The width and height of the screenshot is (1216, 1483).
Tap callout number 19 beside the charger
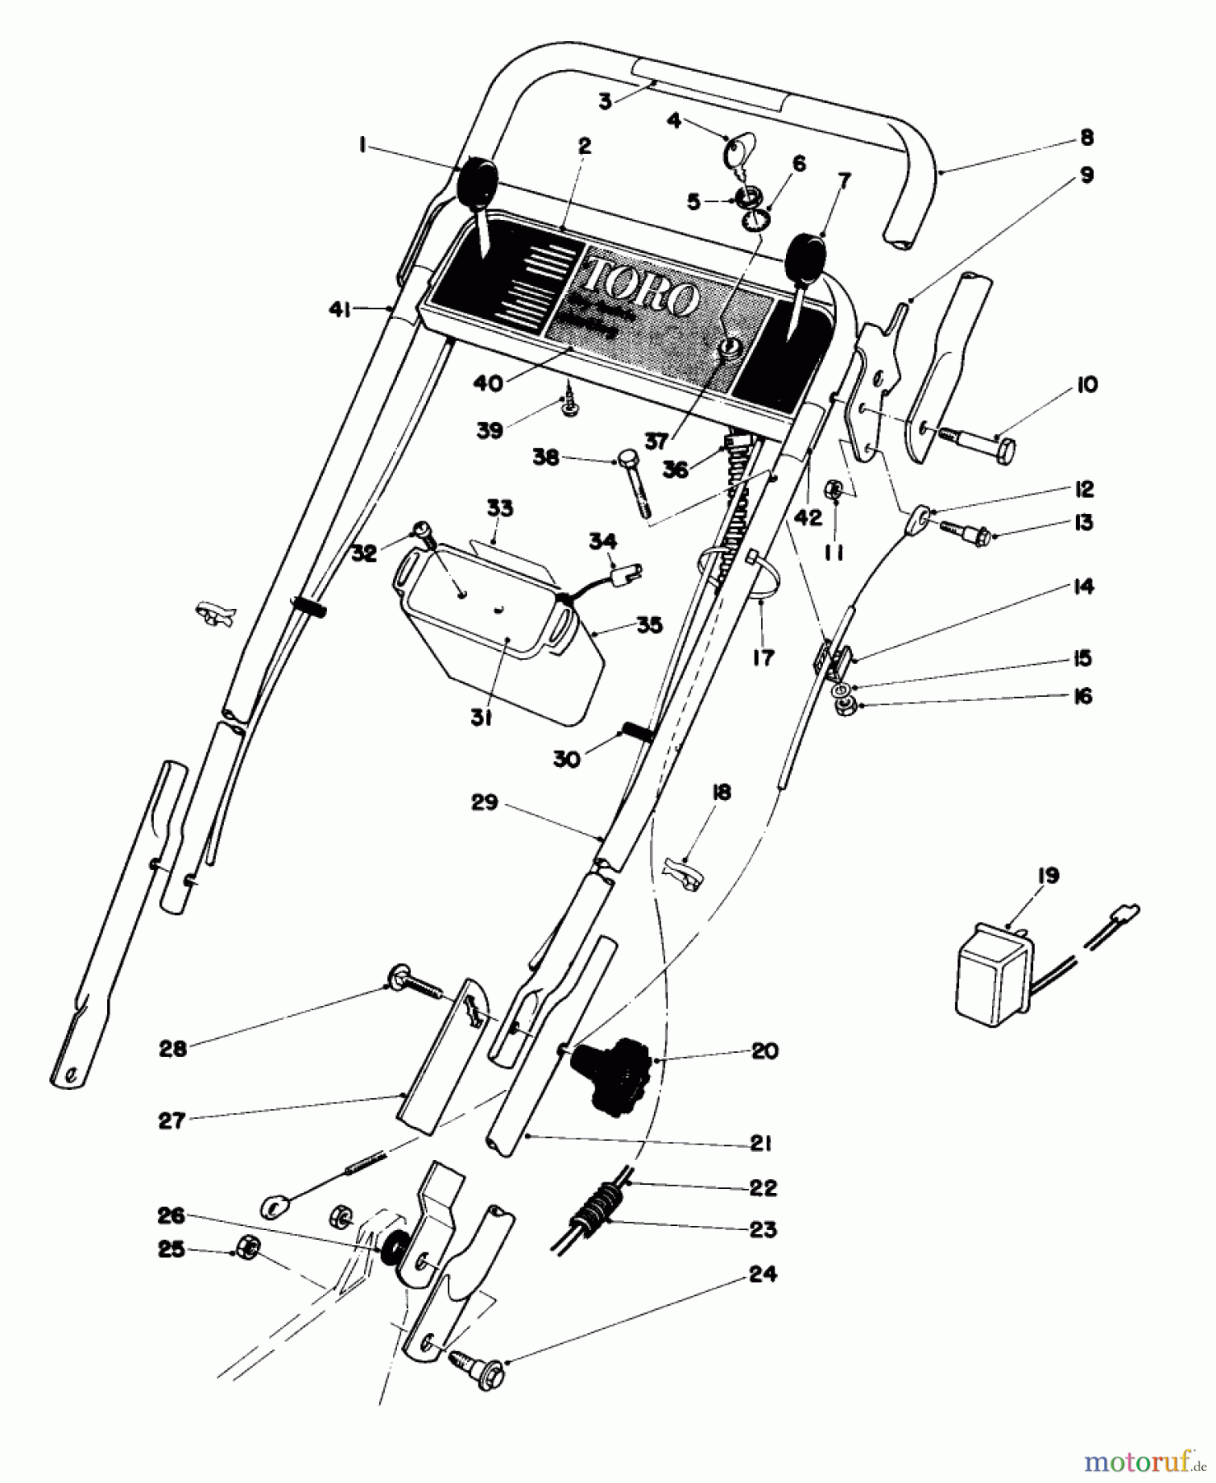pos(1047,875)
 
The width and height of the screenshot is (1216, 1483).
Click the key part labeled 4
pos(737,152)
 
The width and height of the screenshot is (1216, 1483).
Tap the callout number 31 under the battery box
pos(481,718)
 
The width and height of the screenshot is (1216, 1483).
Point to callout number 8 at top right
pos(1087,137)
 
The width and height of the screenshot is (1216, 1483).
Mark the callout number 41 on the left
pos(339,310)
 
